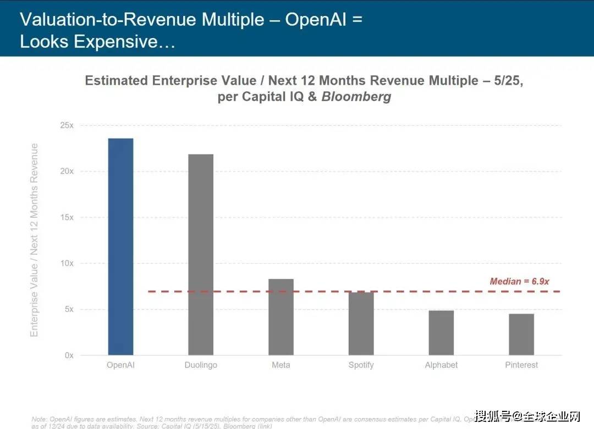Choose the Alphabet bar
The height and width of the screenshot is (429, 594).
coord(441,333)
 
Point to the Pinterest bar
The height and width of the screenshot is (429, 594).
coord(521,334)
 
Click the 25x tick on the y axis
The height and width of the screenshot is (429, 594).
coord(67,125)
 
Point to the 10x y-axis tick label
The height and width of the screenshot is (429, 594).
coord(67,263)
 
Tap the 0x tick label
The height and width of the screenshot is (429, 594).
coord(69,355)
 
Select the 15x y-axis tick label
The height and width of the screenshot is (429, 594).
coord(67,217)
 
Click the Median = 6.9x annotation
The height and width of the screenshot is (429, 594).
coord(520,282)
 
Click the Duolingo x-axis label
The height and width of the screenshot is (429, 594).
coord(201,365)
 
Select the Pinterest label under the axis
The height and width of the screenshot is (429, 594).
coord(521,365)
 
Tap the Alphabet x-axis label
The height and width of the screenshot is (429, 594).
coord(441,365)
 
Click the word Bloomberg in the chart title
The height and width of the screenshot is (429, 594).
coord(356,97)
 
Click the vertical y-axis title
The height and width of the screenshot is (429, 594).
coord(35,240)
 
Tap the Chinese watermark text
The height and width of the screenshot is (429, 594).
coord(527,415)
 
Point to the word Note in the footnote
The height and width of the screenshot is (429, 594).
coord(39,419)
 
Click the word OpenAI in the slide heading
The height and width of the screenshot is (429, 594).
coord(316,20)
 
